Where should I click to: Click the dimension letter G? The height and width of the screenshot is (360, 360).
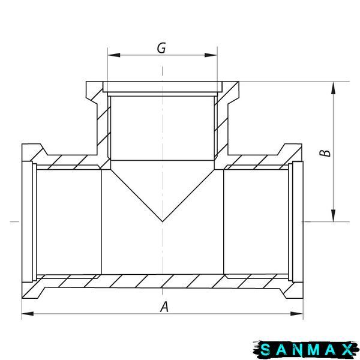point(161,48)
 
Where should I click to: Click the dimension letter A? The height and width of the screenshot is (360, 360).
point(164,307)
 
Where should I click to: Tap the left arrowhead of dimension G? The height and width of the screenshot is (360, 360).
point(114,55)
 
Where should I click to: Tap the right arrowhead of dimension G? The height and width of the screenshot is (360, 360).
point(211,55)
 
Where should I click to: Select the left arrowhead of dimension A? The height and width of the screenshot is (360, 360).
point(28,314)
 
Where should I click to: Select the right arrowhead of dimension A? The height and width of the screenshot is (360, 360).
point(296,314)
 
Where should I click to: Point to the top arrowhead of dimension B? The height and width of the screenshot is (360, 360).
point(333,88)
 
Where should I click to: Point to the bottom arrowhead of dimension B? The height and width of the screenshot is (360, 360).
point(333,215)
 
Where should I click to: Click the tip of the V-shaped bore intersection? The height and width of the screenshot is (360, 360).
point(163,221)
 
